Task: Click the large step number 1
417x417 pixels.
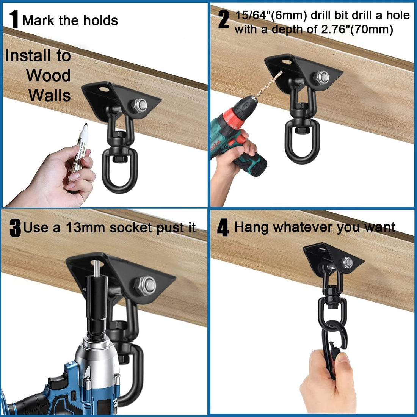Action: pos(14,19)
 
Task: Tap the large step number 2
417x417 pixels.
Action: pos(224,19)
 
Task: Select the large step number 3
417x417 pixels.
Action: pos(15,229)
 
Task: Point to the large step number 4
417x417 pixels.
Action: pos(223,228)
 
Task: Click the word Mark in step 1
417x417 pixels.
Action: pos(37,20)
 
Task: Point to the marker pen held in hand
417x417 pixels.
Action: pos(80,152)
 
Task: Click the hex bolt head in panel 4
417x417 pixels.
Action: pos(347,262)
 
